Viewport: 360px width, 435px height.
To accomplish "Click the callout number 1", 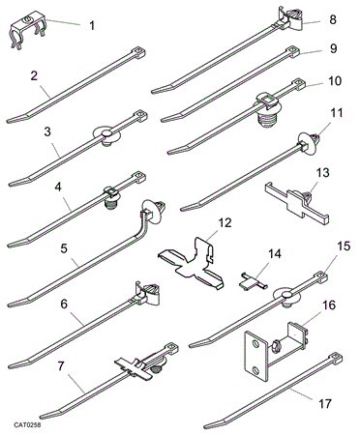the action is tap(92, 25).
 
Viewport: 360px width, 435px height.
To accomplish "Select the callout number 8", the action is tap(333, 19).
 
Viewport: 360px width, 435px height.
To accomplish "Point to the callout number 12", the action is tap(225, 223).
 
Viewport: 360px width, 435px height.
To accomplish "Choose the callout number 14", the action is tap(274, 253).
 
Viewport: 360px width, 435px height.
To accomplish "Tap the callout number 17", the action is tap(324, 403).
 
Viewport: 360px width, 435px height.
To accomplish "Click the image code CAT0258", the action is tap(27, 425).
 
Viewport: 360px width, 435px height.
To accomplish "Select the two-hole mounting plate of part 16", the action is tap(255, 356).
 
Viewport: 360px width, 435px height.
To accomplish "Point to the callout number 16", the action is tap(329, 305).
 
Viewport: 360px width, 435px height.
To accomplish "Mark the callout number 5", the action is tap(64, 248).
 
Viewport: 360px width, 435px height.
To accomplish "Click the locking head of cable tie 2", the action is tap(137, 53).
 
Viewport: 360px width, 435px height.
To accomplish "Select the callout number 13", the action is tap(323, 173).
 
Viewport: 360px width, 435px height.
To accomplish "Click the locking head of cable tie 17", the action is tap(336, 359).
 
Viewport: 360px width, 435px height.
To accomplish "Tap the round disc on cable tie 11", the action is tap(306, 144).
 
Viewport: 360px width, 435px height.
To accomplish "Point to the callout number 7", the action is tap(61, 366).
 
